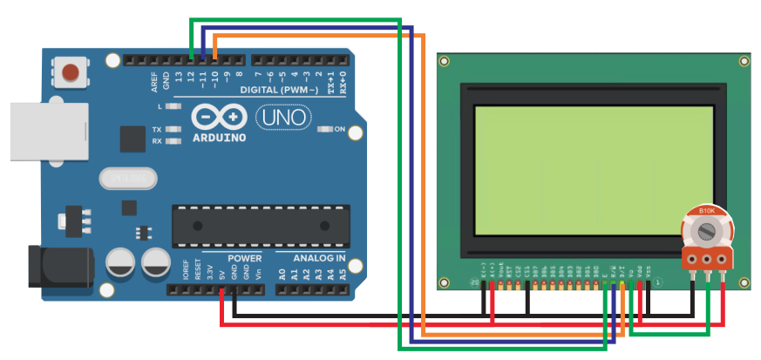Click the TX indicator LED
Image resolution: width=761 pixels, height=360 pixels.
(173, 129)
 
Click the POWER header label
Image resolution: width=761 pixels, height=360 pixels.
(244, 259)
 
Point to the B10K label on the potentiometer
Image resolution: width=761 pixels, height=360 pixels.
(707, 211)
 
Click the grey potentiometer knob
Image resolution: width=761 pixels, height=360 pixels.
(707, 231)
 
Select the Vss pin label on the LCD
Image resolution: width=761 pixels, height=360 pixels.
(649, 272)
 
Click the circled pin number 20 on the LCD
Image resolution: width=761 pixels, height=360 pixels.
(474, 282)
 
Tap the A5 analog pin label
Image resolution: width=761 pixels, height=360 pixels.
(342, 274)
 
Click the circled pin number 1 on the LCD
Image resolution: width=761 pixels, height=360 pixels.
(659, 281)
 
